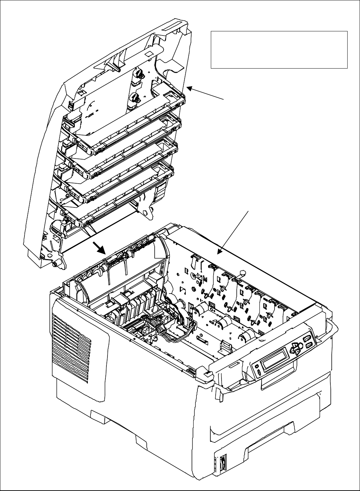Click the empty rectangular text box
279,50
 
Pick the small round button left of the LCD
256,365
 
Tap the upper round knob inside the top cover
137,73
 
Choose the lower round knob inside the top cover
134,99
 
